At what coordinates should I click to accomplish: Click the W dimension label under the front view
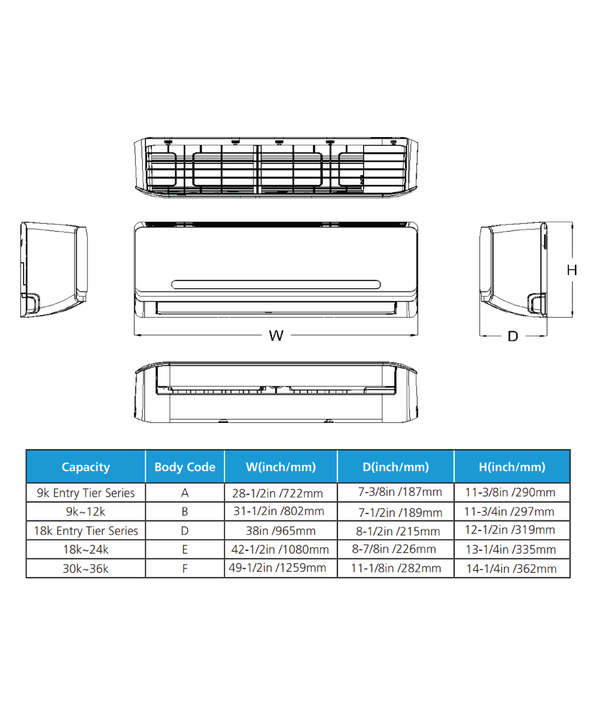pyautogui.click(x=276, y=336)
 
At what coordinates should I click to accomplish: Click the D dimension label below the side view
pyautogui.click(x=513, y=336)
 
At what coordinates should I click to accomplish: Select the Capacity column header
pyautogui.click(x=86, y=467)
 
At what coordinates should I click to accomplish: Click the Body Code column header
pyautogui.click(x=185, y=467)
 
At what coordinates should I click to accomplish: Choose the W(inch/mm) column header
pyautogui.click(x=281, y=467)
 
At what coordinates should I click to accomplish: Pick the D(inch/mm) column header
pyautogui.click(x=396, y=467)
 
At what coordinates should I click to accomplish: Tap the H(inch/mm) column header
pyautogui.click(x=512, y=467)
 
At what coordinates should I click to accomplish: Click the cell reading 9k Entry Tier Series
pyautogui.click(x=86, y=493)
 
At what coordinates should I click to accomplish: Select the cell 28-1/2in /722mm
pyautogui.click(x=277, y=493)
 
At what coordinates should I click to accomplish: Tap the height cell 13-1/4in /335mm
pyautogui.click(x=511, y=549)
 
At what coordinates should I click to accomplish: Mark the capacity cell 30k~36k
pyautogui.click(x=86, y=568)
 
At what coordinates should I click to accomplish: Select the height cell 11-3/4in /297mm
pyautogui.click(x=509, y=511)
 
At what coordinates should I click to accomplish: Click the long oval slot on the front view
pyautogui.click(x=276, y=284)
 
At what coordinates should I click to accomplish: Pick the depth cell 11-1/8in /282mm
pyautogui.click(x=396, y=568)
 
